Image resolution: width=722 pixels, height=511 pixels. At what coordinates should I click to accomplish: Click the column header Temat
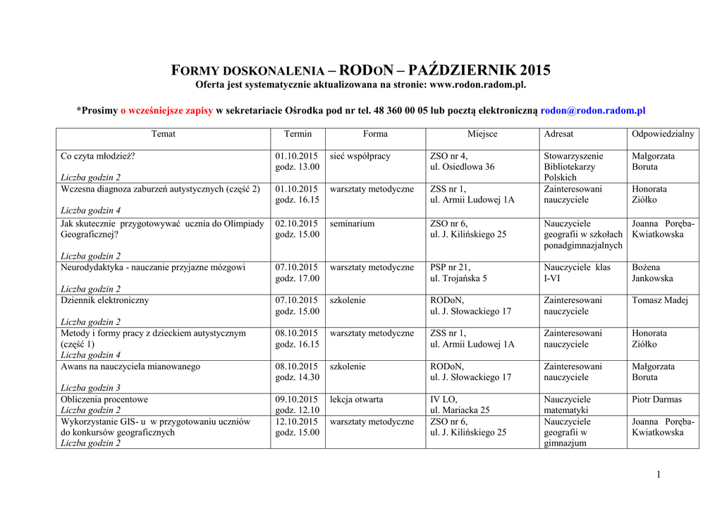tap(163, 134)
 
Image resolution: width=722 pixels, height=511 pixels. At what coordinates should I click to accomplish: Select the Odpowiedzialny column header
tap(662, 134)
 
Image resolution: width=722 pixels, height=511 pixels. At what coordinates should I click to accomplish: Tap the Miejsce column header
tap(482, 134)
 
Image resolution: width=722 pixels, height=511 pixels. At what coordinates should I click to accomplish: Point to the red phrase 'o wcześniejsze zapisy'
tap(166, 111)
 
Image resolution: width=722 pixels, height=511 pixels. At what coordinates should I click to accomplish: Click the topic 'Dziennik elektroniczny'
tap(104, 300)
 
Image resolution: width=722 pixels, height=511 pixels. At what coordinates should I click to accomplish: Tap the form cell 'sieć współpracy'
tap(360, 156)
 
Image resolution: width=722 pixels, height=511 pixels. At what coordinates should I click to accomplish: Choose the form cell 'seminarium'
tap(352, 223)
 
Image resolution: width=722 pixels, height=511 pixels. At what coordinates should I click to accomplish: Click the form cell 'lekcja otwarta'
tap(356, 400)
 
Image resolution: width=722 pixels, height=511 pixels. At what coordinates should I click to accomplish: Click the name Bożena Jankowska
tap(652, 273)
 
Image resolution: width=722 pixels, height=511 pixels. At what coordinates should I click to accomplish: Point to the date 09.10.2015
tap(296, 400)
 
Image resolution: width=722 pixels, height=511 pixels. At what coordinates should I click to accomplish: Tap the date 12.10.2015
tap(296, 421)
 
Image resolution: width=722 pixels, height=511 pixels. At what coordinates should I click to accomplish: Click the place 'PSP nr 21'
tap(450, 267)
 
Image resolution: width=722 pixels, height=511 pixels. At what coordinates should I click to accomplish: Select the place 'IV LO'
tap(443, 400)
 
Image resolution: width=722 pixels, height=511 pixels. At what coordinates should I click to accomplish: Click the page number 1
tap(658, 474)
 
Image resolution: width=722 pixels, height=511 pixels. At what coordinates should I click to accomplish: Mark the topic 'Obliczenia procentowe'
tap(104, 400)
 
